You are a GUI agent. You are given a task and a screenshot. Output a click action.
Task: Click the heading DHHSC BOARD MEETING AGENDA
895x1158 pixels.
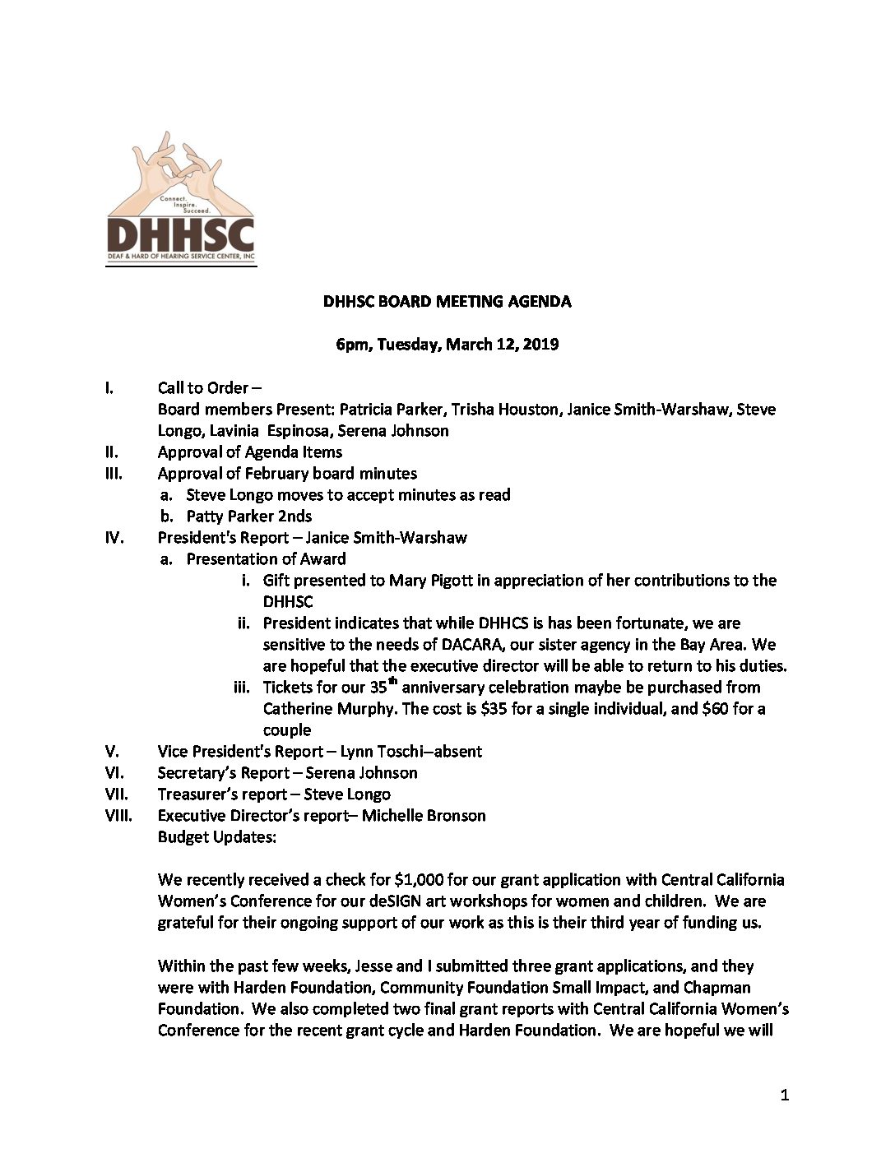(447, 301)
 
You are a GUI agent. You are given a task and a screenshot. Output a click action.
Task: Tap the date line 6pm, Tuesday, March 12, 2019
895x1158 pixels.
(447, 345)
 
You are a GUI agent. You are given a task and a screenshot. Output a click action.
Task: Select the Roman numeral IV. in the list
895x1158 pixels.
(114, 538)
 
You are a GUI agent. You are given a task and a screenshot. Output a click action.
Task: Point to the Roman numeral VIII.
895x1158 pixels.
(119, 816)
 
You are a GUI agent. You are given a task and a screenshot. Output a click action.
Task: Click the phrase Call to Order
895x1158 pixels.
(203, 388)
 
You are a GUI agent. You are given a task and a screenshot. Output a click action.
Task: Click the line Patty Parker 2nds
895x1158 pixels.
(249, 516)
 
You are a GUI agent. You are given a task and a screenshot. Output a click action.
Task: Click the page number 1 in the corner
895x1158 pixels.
(784, 1095)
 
